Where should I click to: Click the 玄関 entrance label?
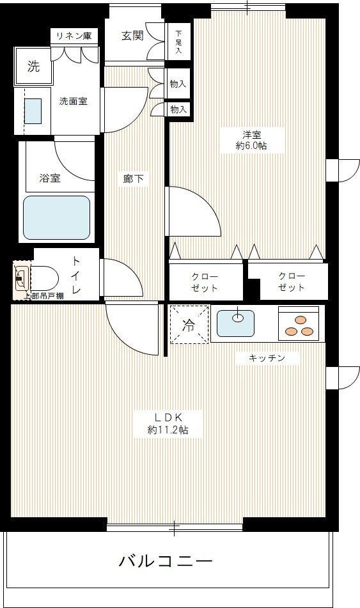coord(132,35)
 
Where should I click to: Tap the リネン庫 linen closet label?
coord(75,36)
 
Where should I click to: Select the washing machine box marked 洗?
coord(33,66)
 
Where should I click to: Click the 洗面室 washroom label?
coord(73,101)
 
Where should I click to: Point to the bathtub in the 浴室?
coord(56,217)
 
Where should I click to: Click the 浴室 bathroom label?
coord(50,178)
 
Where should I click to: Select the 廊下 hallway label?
coord(134,180)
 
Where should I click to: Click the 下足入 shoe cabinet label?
coord(178,42)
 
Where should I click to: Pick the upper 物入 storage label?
coord(178,84)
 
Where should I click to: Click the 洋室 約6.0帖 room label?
coord(251,140)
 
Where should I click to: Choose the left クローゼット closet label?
coord(205,282)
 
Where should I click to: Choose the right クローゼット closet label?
coord(292,282)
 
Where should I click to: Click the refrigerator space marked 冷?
coord(189,325)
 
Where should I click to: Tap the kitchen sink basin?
coord(235,323)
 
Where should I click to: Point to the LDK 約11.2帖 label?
coord(167,424)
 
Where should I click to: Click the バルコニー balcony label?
coord(166,562)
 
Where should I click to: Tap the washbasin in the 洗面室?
coord(33,111)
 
